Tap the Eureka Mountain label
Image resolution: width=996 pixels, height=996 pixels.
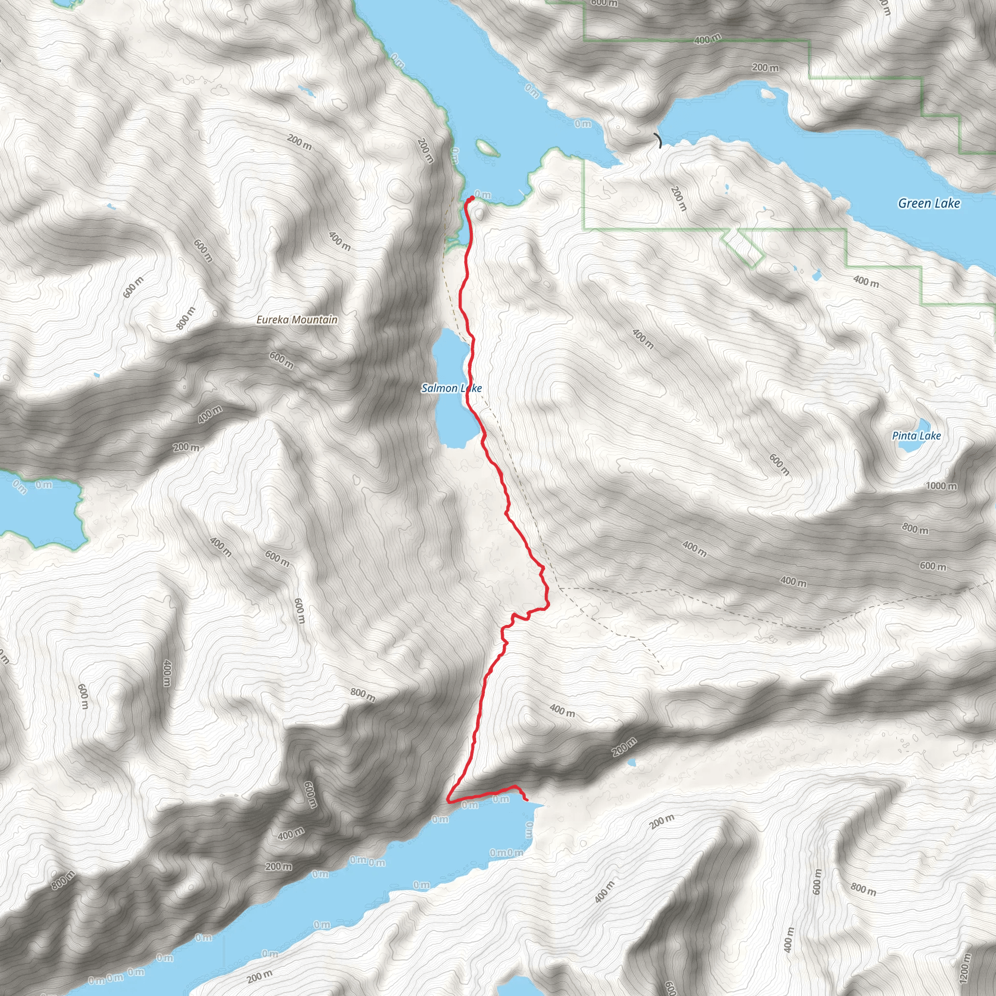point(297,320)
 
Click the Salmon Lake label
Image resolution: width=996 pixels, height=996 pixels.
point(451,388)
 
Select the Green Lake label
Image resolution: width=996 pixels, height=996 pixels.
point(928,203)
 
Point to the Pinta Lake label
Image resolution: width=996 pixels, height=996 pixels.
point(916,436)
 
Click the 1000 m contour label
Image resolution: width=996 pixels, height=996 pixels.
point(941,486)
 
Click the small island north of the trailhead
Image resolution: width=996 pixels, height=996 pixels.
point(486,148)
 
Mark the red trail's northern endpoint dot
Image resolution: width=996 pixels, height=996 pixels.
point(472,198)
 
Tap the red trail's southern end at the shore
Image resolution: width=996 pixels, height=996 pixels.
point(526,800)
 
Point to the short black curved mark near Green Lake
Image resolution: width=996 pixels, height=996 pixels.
point(658,140)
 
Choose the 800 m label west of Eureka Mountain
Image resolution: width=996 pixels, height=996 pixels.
point(186,318)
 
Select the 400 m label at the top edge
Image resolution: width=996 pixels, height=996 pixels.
point(707,39)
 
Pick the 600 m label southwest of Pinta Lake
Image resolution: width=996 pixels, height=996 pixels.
point(779,464)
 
